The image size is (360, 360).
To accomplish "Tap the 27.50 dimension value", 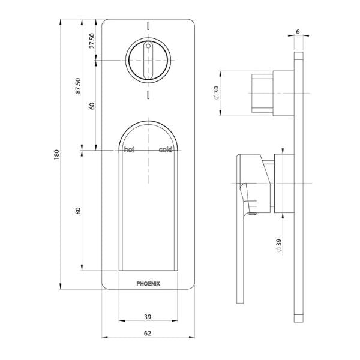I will (92, 41).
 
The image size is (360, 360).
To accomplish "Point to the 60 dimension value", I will (92, 105).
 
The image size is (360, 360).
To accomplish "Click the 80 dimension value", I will (77, 211).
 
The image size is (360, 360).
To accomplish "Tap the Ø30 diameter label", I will (215, 94).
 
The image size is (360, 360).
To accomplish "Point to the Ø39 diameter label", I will (280, 245).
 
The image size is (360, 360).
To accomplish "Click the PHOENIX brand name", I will (147, 278).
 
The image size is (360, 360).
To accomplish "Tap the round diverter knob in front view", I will (148, 61).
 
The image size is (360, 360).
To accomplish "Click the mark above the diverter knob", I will (148, 26).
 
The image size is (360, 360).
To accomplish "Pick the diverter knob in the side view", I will (264, 94).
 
